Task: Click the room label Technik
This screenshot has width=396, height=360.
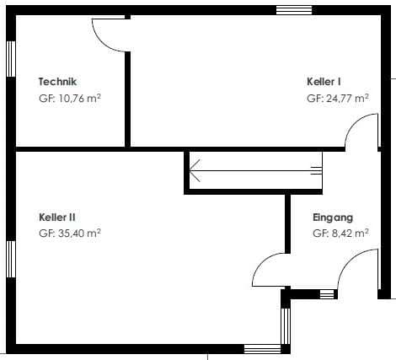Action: [x=57, y=82]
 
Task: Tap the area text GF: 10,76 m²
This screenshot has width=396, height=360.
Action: [x=70, y=99]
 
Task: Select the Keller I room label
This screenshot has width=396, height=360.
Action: [x=324, y=82]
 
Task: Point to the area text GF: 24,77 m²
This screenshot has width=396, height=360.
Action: [x=338, y=99]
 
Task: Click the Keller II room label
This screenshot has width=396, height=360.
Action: [x=57, y=218]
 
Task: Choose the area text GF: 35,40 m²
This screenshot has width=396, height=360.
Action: [x=70, y=234]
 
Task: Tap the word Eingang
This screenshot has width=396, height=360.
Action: [x=333, y=218]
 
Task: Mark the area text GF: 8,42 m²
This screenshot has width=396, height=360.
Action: [x=340, y=234]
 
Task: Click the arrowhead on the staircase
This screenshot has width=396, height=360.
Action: [x=195, y=170]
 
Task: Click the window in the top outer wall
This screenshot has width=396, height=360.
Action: [x=294, y=10]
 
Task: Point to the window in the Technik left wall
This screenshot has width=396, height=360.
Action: [x=11, y=59]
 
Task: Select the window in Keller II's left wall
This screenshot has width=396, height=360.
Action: [x=11, y=259]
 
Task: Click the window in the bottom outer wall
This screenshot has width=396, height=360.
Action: [x=263, y=349]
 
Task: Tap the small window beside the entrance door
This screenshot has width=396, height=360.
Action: [x=327, y=294]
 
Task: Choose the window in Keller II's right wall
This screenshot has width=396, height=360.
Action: [x=286, y=326]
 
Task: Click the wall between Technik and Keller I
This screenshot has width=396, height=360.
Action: [x=127, y=99]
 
